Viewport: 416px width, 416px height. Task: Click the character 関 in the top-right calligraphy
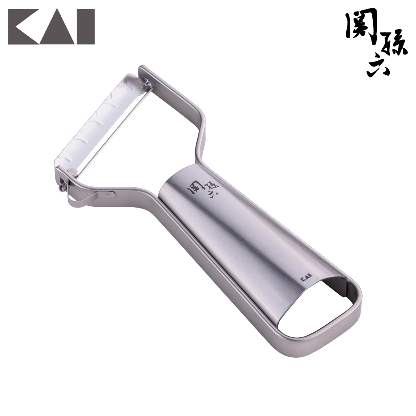(362, 30)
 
